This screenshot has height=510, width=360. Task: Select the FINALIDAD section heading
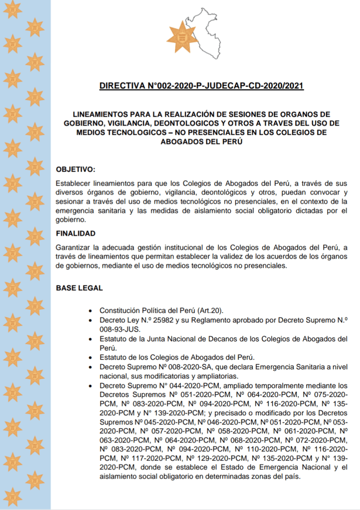click(76, 233)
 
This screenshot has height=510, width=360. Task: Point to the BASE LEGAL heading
click(79, 288)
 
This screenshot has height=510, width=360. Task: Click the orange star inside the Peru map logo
click(182, 34)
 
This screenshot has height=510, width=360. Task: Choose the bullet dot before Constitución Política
click(89, 311)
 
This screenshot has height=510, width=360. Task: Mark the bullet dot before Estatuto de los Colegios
click(89, 357)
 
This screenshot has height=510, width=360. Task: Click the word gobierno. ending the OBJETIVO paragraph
click(71, 219)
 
